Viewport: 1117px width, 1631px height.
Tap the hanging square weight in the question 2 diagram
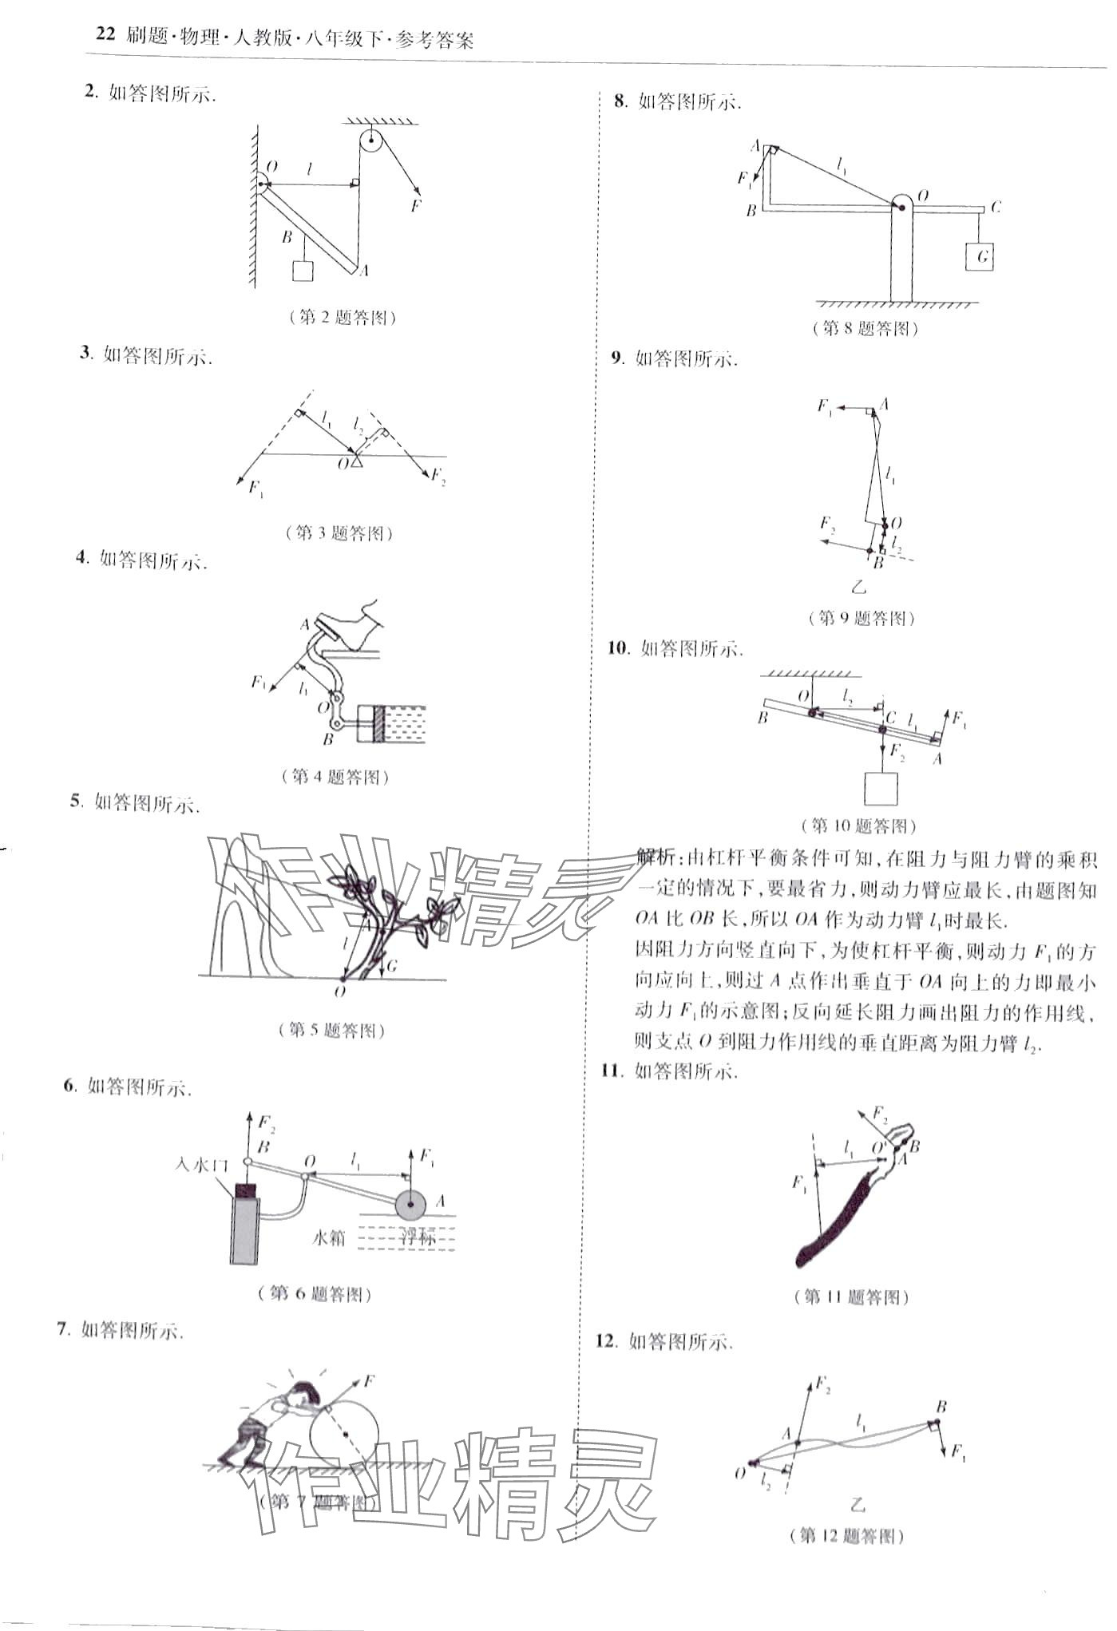point(303,271)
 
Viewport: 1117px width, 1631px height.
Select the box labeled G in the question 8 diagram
point(980,256)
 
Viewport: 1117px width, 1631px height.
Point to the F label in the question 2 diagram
point(415,206)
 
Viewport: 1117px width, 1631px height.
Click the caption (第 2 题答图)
point(342,318)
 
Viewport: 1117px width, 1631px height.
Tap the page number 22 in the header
point(105,35)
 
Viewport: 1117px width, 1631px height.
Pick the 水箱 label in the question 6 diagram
point(328,1237)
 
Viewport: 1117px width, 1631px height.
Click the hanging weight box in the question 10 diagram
point(881,789)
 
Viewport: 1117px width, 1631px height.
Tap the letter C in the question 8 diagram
point(995,208)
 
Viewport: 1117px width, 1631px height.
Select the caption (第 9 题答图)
point(862,618)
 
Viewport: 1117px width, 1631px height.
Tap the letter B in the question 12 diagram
point(941,1407)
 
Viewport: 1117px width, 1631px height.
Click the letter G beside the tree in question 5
point(392,968)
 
